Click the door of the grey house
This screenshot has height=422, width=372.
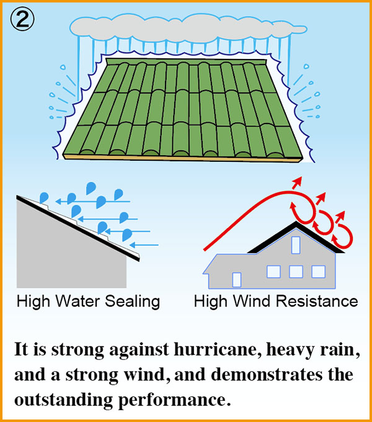[x=236, y=280]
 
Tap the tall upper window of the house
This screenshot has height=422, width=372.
[x=296, y=245]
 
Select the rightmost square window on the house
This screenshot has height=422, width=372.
[x=318, y=271]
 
